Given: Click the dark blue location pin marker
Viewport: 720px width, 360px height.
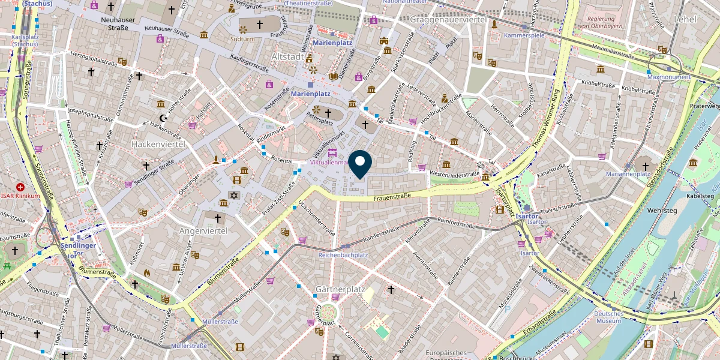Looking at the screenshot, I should point(360,164).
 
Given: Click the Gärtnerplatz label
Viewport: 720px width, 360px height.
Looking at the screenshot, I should point(340,289).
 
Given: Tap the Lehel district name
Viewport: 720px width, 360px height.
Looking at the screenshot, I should point(685,19).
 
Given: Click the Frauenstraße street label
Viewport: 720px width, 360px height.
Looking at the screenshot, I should point(391,196).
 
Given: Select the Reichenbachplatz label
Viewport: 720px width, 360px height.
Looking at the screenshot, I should point(343,255).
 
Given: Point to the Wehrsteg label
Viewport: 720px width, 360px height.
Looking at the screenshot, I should point(662,211).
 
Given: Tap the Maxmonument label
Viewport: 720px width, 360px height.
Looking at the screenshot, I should point(669,77).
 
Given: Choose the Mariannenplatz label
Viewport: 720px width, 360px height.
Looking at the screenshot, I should point(628,174).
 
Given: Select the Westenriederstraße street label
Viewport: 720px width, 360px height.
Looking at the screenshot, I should point(453,175).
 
